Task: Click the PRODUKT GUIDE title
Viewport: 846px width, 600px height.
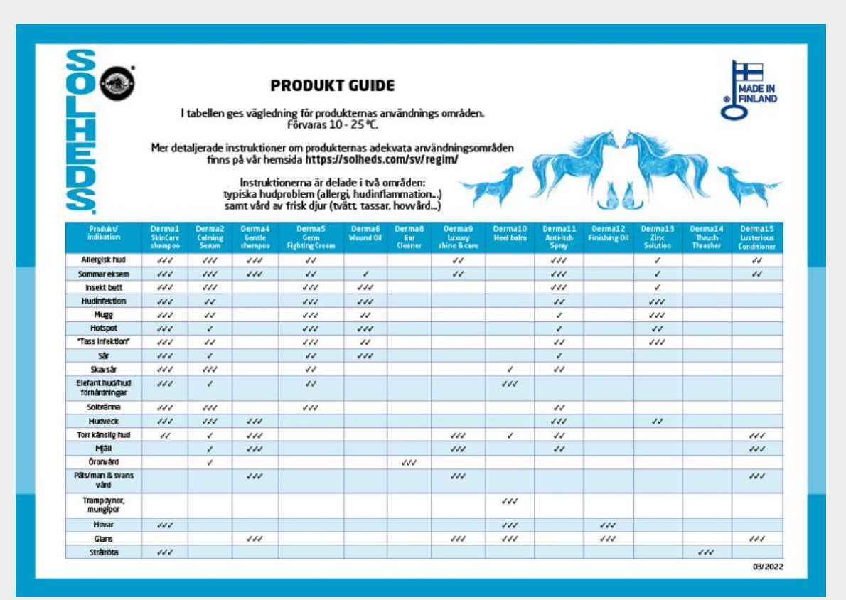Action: click(332, 86)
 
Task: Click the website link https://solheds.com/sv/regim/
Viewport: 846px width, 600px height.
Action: click(382, 159)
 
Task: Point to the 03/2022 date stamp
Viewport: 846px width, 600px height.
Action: click(768, 567)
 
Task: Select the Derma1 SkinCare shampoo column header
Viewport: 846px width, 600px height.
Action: click(165, 237)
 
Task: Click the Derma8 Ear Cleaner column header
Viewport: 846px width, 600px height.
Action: click(409, 237)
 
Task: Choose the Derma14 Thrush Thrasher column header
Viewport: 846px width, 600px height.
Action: click(707, 237)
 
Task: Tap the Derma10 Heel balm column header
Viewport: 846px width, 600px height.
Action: click(510, 233)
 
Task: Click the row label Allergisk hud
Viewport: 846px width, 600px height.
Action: click(103, 260)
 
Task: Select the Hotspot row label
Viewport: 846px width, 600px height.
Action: click(103, 328)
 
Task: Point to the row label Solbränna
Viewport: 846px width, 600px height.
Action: click(103, 408)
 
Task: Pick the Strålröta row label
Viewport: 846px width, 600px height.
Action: click(103, 552)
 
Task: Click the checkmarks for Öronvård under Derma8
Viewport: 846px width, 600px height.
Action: click(409, 462)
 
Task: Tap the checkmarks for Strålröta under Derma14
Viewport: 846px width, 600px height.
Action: click(707, 552)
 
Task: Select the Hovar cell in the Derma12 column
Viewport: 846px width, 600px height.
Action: click(608, 525)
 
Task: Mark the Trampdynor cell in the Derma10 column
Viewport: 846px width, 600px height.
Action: click(510, 502)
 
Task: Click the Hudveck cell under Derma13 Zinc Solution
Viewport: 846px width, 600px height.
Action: click(658, 421)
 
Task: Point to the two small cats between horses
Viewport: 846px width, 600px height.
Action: click(616, 195)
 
